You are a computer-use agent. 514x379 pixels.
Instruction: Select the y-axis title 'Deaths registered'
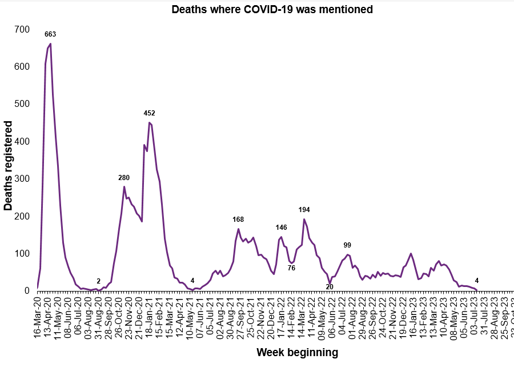(9, 166)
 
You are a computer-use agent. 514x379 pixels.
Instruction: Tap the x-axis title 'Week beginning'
(297, 352)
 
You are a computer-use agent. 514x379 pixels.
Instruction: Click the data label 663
(50, 35)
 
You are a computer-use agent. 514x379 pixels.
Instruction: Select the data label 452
(149, 113)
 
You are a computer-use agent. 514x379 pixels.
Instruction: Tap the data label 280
(124, 178)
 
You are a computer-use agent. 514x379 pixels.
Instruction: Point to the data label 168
(238, 220)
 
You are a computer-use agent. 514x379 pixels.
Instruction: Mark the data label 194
(304, 210)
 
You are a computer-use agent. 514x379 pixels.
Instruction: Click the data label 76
(291, 268)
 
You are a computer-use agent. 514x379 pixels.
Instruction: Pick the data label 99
(347, 245)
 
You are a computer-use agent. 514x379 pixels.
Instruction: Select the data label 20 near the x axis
(330, 286)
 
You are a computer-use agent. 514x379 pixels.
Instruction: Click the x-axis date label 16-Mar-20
(38, 316)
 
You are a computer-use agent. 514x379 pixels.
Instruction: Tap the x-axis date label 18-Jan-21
(148, 316)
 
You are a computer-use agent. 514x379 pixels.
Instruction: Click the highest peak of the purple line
(50, 43)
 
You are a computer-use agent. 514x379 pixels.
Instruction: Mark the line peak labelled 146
(281, 237)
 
